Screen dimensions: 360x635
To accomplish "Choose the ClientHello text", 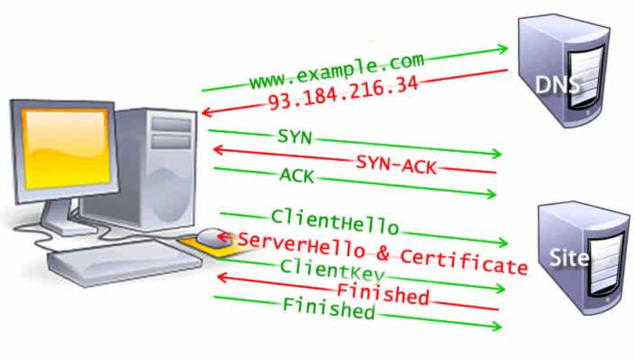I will click(335, 221).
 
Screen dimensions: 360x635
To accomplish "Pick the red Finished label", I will click(382, 294).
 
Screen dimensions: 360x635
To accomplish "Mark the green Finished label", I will click(328, 309).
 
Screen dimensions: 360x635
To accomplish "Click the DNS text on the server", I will click(557, 85).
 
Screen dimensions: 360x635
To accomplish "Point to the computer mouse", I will click(212, 236).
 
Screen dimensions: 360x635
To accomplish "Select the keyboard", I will click(115, 258).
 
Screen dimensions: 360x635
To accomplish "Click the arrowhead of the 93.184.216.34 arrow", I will click(206, 113).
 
